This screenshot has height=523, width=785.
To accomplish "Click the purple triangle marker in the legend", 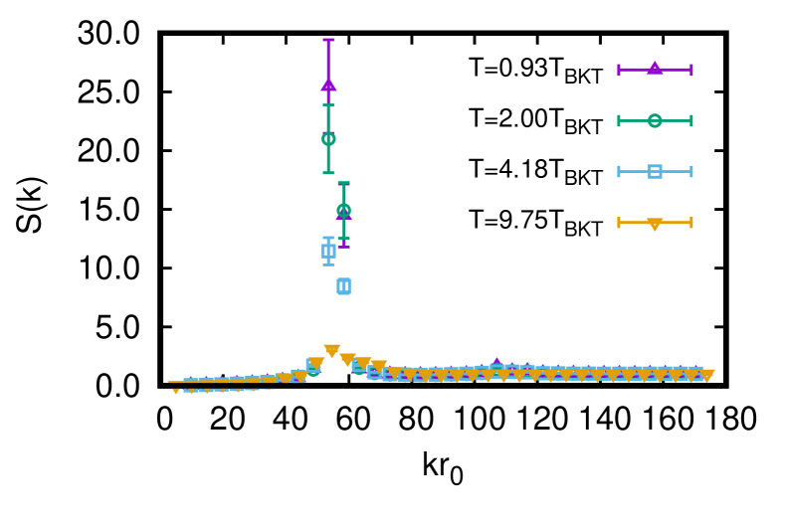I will pyautogui.click(x=654, y=68).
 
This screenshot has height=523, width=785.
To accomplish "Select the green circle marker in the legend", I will pyautogui.click(x=654, y=120).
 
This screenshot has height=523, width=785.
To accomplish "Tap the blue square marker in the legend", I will pyautogui.click(x=654, y=171).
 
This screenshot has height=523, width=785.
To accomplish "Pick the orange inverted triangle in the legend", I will pyautogui.click(x=654, y=224).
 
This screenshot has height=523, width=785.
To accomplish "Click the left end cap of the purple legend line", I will pyautogui.click(x=619, y=70).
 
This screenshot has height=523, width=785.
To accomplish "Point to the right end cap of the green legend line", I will pyautogui.click(x=690, y=120).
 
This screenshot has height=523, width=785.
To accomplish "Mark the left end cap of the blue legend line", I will pyautogui.click(x=619, y=171).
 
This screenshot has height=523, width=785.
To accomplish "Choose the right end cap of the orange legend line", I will pyautogui.click(x=690, y=223).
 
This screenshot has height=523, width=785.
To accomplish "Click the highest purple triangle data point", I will pyautogui.click(x=328, y=85).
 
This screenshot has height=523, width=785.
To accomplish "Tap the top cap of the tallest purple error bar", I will pyautogui.click(x=328, y=40).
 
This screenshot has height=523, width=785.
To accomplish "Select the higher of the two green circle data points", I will pyautogui.click(x=328, y=139).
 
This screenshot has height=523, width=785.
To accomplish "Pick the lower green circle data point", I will pyautogui.click(x=343, y=210).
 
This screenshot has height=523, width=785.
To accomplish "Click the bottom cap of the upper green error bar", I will pyautogui.click(x=328, y=173).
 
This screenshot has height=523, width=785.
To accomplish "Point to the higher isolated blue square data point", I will pyautogui.click(x=328, y=252).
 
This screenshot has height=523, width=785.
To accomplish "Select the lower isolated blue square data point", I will pyautogui.click(x=343, y=286).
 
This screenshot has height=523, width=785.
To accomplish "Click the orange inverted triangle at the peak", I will pyautogui.click(x=331, y=351).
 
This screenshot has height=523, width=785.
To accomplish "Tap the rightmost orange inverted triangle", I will pyautogui.click(x=706, y=376).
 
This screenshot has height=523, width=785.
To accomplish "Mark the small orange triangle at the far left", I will pyautogui.click(x=176, y=392).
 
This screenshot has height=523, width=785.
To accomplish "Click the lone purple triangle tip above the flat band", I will pyautogui.click(x=496, y=362).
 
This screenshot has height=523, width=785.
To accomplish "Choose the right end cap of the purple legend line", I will pyautogui.click(x=690, y=70).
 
